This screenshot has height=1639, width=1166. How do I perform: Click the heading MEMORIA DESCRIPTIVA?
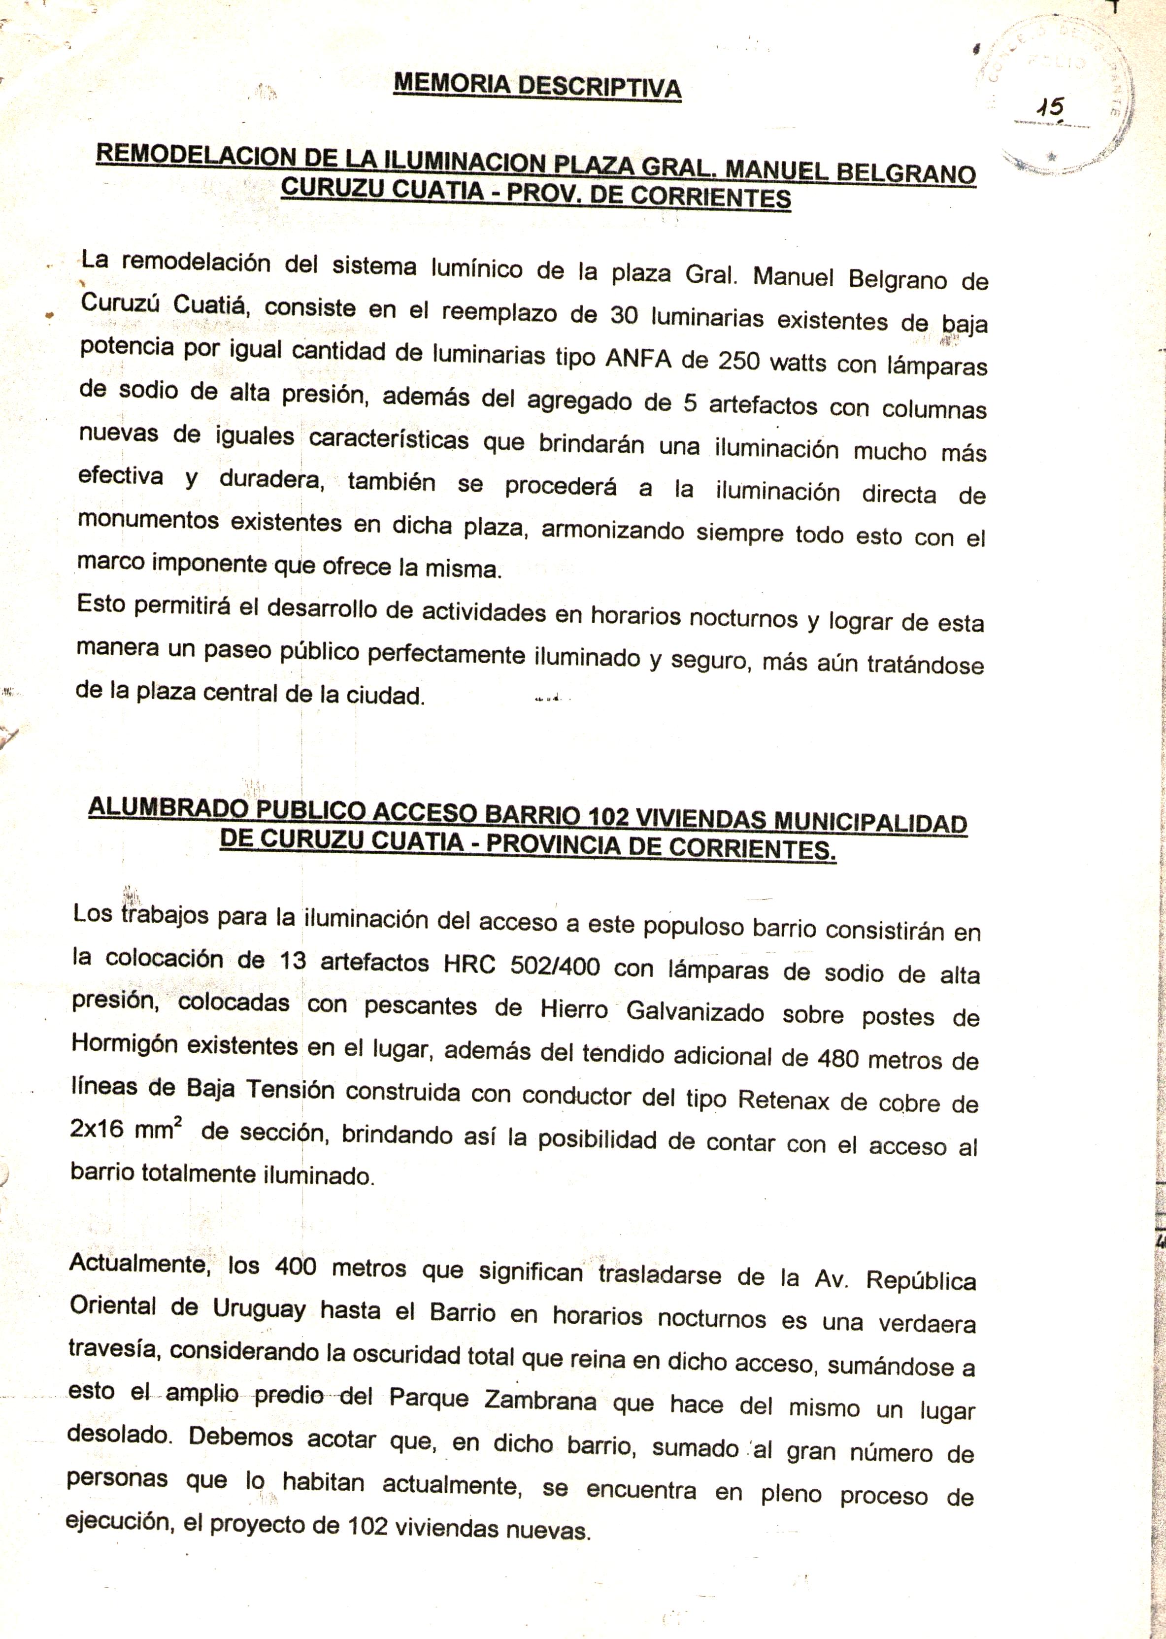[x=537, y=86]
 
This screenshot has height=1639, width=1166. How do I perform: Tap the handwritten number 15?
[x=1050, y=109]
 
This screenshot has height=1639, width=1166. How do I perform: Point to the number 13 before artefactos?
[x=293, y=961]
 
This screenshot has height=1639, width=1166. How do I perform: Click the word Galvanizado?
[x=695, y=1012]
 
